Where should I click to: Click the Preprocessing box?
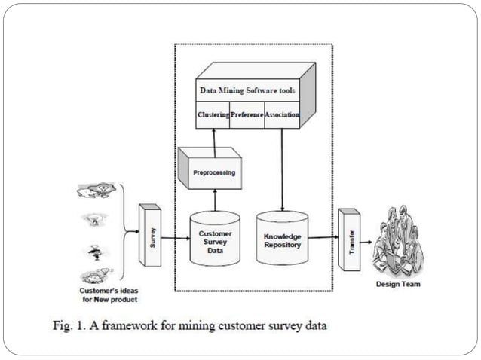(x=208, y=173)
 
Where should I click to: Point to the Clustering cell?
(x=213, y=116)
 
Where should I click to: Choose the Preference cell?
(x=247, y=116)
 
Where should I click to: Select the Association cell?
(x=282, y=116)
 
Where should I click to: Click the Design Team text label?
(x=400, y=285)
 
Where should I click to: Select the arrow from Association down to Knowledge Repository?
(x=282, y=169)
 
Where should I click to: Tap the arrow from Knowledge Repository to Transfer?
(x=323, y=238)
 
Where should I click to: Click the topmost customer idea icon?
(x=95, y=191)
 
